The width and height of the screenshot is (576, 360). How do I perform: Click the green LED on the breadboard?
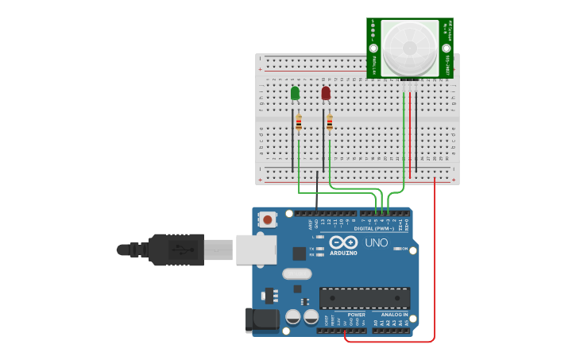[x=296, y=94]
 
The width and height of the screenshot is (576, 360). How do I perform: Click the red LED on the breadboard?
[x=326, y=94]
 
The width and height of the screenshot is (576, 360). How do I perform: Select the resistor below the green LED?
[x=299, y=123]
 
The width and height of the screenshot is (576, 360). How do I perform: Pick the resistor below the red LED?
[x=330, y=123]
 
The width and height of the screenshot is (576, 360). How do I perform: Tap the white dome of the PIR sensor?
[x=410, y=48]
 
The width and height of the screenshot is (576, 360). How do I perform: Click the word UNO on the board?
[x=375, y=242]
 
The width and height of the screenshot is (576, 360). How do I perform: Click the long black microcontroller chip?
[x=365, y=297]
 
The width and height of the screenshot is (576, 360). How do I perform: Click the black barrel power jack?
[x=262, y=320]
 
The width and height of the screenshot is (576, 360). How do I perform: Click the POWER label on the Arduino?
[x=356, y=314]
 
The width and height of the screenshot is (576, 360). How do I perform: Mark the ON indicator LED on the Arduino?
[x=395, y=249]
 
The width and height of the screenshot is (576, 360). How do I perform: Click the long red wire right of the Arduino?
[x=435, y=262]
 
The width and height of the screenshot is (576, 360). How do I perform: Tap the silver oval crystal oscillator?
[x=296, y=274]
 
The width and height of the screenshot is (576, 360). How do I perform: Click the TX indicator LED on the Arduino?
[x=320, y=249]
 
